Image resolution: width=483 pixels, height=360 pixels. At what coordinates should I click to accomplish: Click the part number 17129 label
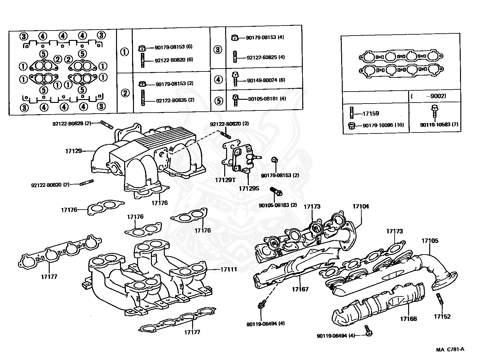click(73, 151)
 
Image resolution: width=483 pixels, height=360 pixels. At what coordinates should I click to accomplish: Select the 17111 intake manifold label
click(229, 269)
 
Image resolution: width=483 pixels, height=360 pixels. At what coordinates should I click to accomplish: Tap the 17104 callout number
click(361, 206)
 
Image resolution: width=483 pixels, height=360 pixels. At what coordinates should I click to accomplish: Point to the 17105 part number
click(430, 241)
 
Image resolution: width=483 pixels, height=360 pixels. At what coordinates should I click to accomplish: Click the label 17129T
click(225, 180)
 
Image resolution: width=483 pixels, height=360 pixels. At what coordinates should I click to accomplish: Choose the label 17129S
click(249, 188)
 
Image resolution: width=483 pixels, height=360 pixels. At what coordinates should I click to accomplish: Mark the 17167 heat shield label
click(300, 289)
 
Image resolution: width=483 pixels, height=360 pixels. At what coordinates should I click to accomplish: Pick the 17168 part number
click(408, 319)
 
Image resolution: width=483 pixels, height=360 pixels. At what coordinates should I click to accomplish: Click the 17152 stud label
click(442, 317)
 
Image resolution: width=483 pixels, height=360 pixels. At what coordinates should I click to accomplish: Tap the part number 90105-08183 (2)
click(278, 205)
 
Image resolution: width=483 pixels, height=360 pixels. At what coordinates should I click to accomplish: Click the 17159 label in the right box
click(371, 114)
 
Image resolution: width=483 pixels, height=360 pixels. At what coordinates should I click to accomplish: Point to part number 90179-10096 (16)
click(383, 125)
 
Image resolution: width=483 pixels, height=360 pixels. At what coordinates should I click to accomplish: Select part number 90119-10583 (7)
click(439, 125)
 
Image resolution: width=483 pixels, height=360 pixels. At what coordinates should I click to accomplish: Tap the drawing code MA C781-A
click(450, 349)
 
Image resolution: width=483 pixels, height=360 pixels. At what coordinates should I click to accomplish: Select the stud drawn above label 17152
click(440, 299)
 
